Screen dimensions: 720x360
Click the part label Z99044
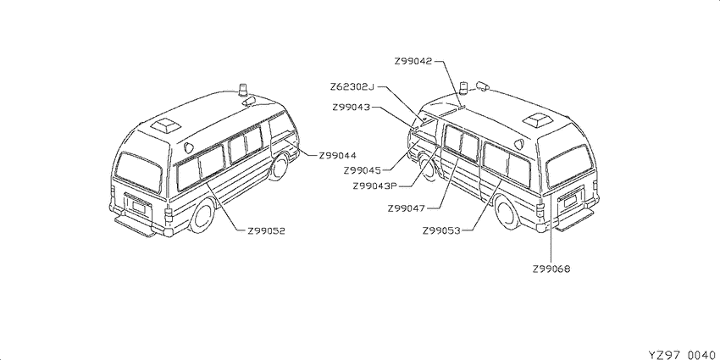pyautogui.click(x=337, y=156)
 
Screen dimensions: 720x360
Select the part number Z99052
pyautogui.click(x=266, y=231)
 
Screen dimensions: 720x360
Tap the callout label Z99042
pyautogui.click(x=413, y=61)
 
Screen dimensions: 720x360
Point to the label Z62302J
pyautogui.click(x=352, y=86)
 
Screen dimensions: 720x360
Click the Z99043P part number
pyautogui.click(x=374, y=186)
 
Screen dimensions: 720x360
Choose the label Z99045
pyautogui.click(x=363, y=170)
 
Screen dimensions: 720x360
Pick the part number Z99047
pyautogui.click(x=407, y=208)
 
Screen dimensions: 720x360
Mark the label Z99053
pyautogui.click(x=441, y=230)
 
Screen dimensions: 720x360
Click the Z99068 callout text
pyautogui.click(x=551, y=269)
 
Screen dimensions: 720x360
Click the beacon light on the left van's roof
pyautogui.click(x=243, y=91)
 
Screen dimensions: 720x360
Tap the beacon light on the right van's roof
pyautogui.click(x=465, y=89)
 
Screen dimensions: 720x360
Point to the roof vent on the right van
pyautogui.click(x=538, y=119)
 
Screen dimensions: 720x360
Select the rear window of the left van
pyautogui.click(x=139, y=173)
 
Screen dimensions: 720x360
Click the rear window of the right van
pyautogui.click(x=569, y=166)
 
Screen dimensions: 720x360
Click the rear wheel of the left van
pyautogui.click(x=202, y=216)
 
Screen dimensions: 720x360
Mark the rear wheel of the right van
pyautogui.click(x=507, y=213)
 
